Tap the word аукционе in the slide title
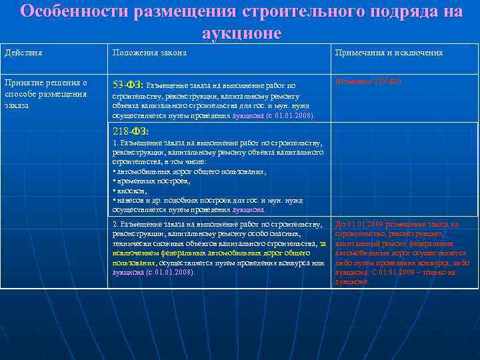click(241, 32)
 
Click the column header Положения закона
click(149, 53)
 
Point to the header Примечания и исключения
click(388, 53)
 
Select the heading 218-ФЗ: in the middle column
click(130, 131)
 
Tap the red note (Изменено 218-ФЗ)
click(368, 82)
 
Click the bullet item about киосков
click(131, 190)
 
